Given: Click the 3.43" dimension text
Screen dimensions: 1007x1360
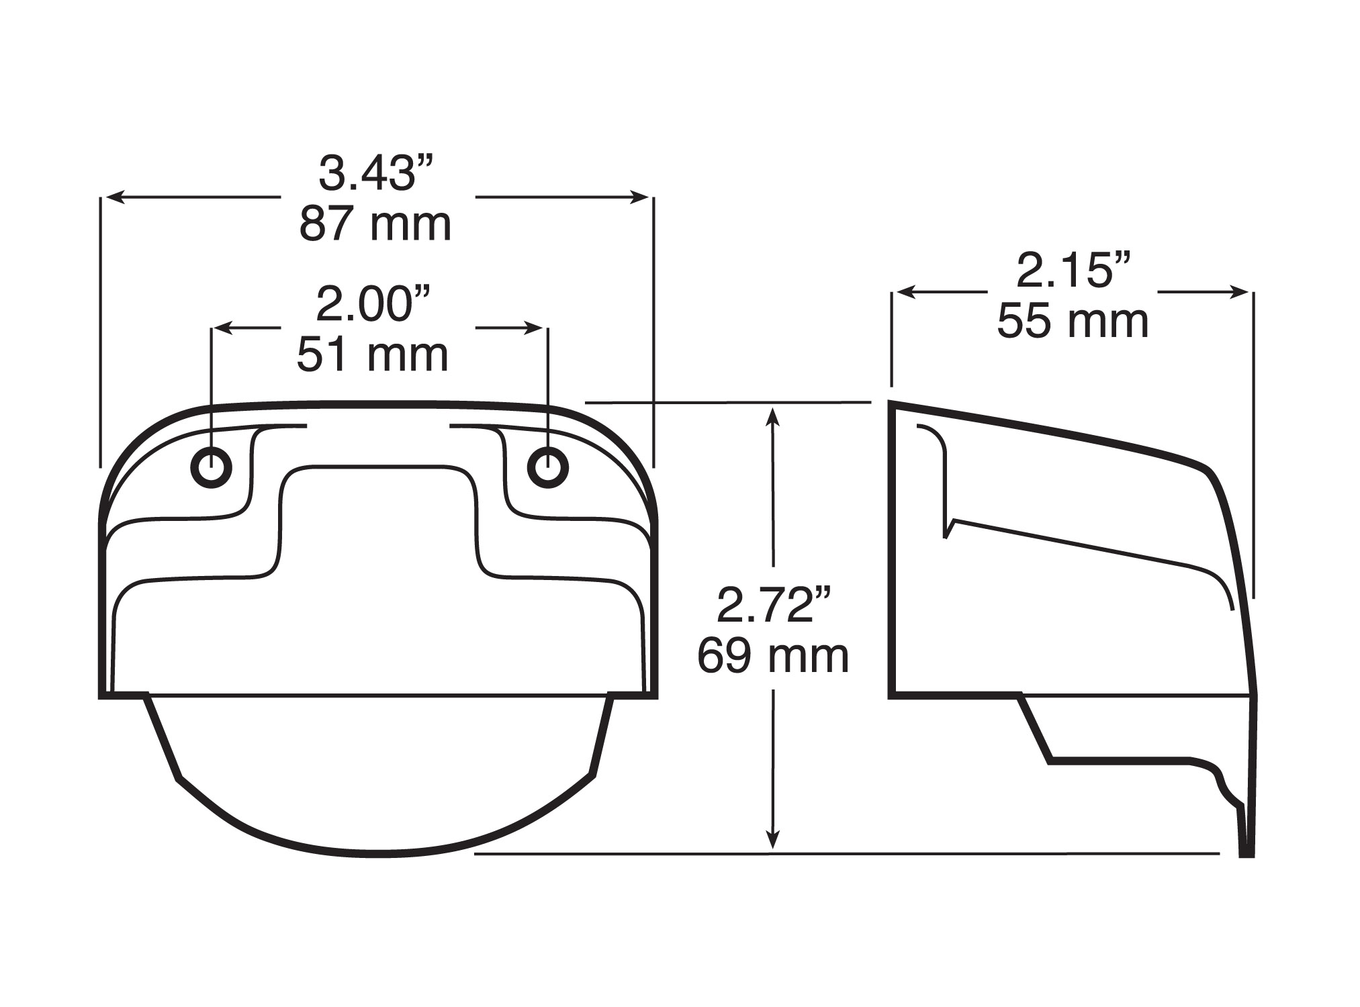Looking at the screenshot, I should coord(376,173).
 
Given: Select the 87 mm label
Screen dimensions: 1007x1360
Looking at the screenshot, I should coord(375,225).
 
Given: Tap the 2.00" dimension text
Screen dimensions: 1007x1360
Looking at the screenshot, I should coord(373,305).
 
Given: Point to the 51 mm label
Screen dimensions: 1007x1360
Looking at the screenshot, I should coord(373,355).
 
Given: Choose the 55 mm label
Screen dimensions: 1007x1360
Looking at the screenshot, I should coord(1073,322).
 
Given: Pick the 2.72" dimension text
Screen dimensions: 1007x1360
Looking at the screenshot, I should coord(774,605).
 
